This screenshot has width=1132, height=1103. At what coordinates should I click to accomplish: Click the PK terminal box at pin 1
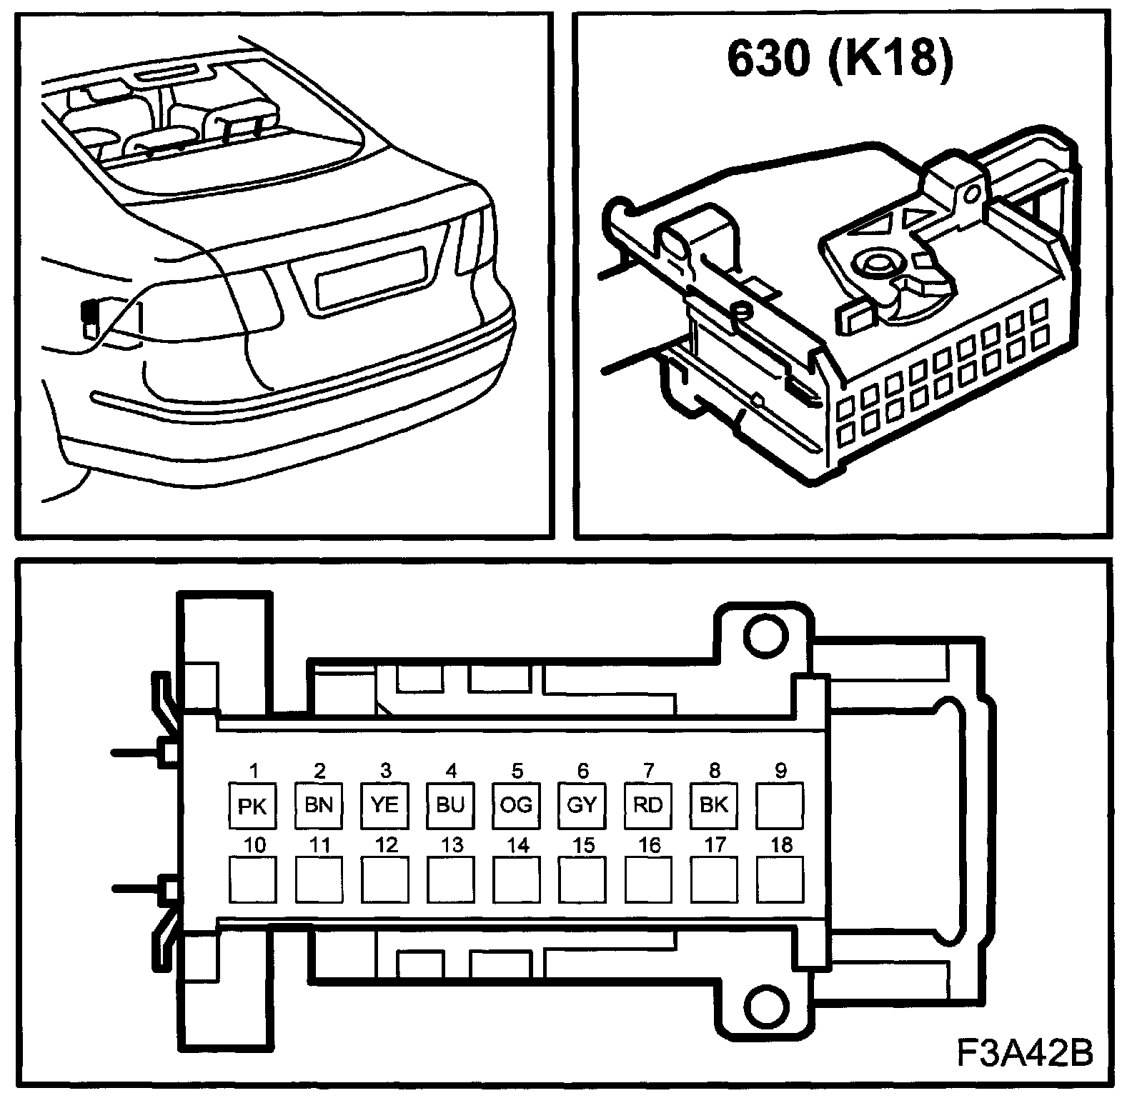click(252, 805)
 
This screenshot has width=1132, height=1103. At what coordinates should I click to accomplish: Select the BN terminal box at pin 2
click(319, 805)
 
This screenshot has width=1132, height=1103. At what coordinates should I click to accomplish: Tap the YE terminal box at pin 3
click(384, 805)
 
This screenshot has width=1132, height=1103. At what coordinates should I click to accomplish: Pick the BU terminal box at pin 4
click(450, 805)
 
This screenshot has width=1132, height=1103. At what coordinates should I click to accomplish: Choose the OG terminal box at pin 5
click(516, 805)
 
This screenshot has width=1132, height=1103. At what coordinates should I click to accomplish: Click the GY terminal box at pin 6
click(582, 805)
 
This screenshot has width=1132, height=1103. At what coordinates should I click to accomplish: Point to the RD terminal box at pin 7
click(648, 805)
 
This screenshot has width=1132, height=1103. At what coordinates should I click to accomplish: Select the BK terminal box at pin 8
click(714, 805)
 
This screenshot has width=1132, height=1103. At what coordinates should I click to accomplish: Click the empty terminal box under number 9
click(780, 805)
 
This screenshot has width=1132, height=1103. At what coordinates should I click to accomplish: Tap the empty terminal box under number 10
click(252, 879)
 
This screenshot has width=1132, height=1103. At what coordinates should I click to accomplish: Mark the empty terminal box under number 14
click(516, 879)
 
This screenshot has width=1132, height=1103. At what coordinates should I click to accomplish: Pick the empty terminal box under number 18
click(780, 879)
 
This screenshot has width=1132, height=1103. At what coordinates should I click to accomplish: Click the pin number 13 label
click(452, 845)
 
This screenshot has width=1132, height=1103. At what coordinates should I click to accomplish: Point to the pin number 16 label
click(649, 845)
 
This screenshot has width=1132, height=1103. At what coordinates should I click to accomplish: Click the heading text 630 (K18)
click(840, 59)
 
